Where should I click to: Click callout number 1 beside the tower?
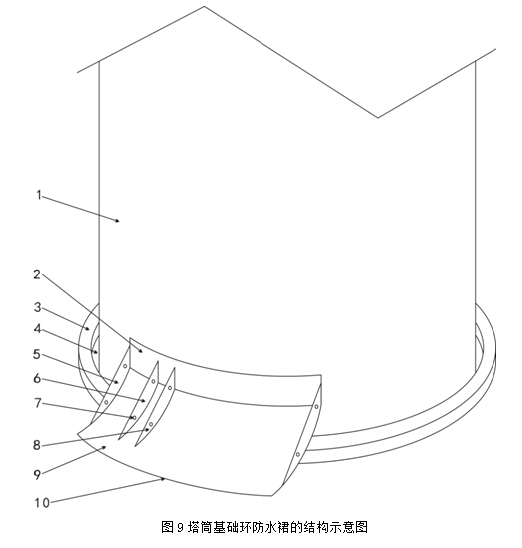[x=39, y=195]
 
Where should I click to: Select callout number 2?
[x=37, y=274]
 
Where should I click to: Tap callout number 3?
[x=37, y=307]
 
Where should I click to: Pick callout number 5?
[x=37, y=354]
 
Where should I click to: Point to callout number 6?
[x=37, y=379]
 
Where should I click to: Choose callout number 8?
[x=37, y=445]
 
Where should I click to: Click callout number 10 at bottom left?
[x=42, y=503]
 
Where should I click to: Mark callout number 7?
[x=37, y=403]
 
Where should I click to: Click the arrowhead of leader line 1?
[x=118, y=221]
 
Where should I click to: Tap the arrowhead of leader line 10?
[x=163, y=479]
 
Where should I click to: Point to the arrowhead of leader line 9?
[x=104, y=447]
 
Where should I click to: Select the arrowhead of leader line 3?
[x=88, y=328]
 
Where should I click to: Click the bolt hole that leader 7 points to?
[x=134, y=417]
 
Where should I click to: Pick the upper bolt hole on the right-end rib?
[x=316, y=407]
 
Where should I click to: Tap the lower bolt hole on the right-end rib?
[x=298, y=455]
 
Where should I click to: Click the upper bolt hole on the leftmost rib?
[x=125, y=366]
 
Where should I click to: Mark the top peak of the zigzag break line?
[x=204, y=6]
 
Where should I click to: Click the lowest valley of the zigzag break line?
[x=378, y=117]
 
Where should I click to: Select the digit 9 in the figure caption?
[x=180, y=527]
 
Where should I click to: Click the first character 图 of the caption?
[x=167, y=527]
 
